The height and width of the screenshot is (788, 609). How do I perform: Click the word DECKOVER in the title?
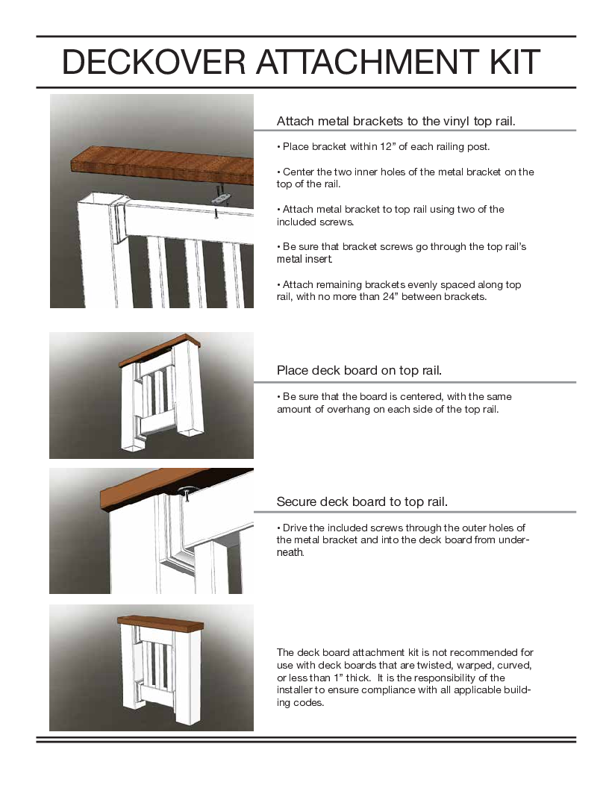153,62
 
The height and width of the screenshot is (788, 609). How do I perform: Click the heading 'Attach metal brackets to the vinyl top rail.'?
396,121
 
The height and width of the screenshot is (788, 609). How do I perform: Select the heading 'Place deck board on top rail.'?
359,370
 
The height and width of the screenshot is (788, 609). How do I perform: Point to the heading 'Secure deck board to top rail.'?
362,501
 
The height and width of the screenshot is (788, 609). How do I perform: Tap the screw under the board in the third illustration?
187,498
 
